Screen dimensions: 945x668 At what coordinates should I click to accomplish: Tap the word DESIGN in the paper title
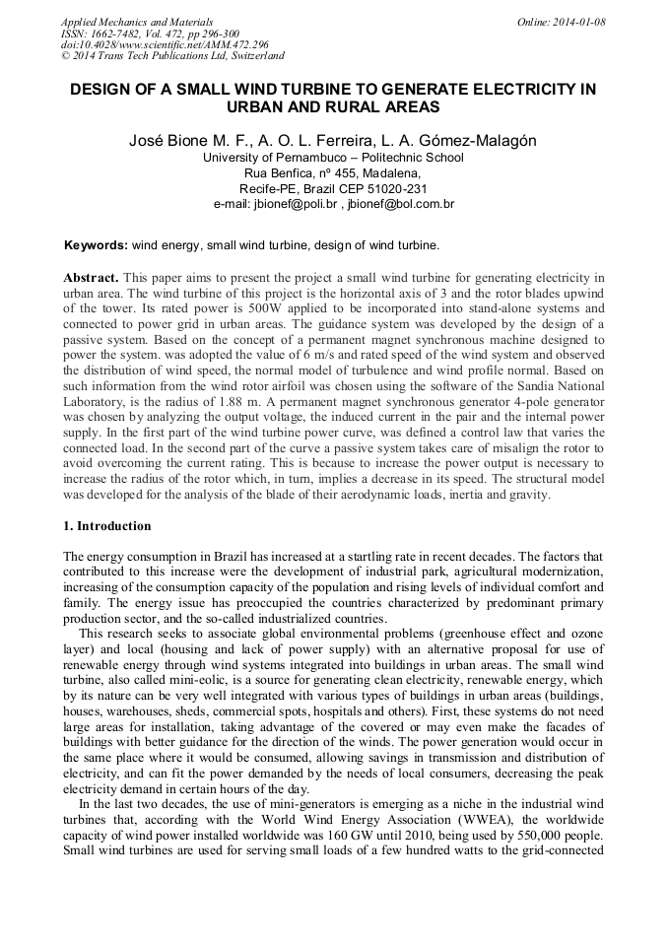click(102, 89)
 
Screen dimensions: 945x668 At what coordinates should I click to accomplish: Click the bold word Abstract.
click(93, 278)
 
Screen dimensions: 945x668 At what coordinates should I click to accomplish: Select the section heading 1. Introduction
click(107, 526)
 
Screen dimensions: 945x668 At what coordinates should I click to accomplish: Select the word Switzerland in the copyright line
click(251, 56)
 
